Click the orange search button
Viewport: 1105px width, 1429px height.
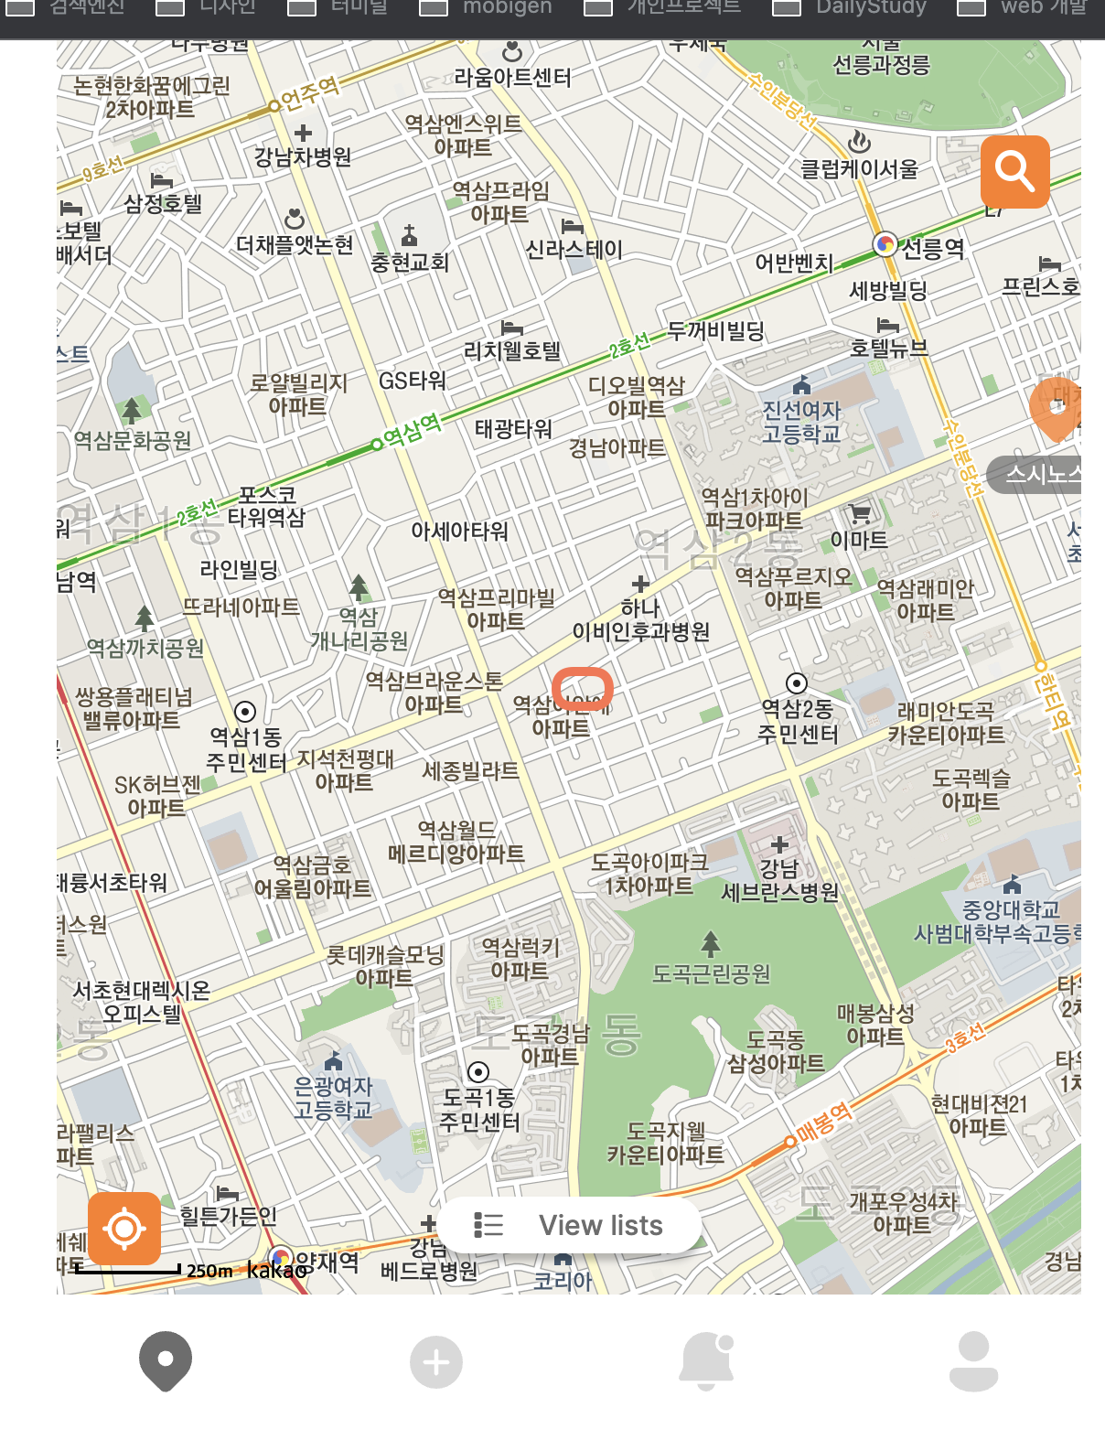tap(1014, 171)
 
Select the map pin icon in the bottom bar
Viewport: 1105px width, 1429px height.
tap(166, 1361)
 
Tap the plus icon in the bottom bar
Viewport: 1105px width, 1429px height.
tap(435, 1363)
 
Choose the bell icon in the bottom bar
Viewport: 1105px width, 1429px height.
tap(706, 1361)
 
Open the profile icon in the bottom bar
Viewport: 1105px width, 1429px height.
tap(973, 1361)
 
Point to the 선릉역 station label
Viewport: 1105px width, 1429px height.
tap(932, 248)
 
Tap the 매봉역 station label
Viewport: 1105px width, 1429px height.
tap(823, 1123)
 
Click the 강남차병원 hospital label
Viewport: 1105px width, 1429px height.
tap(303, 157)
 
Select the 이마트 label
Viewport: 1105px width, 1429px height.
tap(859, 540)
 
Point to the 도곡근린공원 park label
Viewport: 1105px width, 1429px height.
tap(711, 973)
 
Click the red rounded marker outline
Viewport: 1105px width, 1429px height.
tap(582, 689)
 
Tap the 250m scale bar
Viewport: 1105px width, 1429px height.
tap(128, 1270)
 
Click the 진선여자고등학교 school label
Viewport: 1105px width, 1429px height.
tap(801, 422)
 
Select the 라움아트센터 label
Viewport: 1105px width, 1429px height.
tap(512, 78)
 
